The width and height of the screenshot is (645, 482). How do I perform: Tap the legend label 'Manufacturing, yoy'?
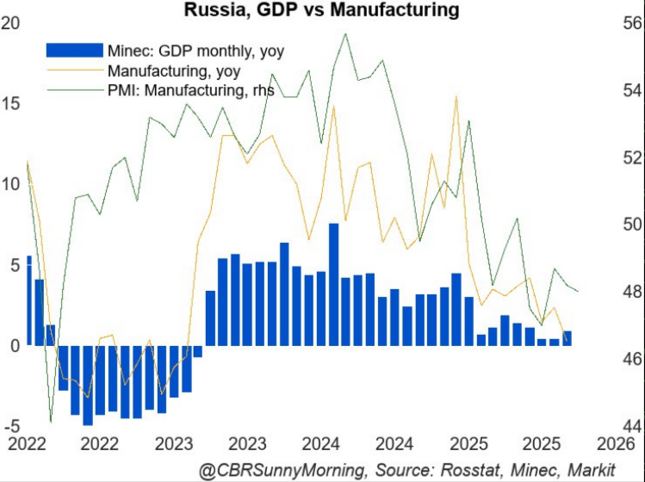pos(172,71)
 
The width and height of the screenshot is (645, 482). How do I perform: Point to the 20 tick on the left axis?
pos(11,23)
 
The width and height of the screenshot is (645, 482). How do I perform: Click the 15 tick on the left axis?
pos(11,104)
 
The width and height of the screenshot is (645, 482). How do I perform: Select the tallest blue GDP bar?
pos(333,284)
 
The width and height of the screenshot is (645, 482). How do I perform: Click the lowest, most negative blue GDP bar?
pos(87,385)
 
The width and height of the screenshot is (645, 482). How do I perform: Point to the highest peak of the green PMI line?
pos(345,34)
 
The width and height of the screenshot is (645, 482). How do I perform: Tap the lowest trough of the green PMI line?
pos(51,422)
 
